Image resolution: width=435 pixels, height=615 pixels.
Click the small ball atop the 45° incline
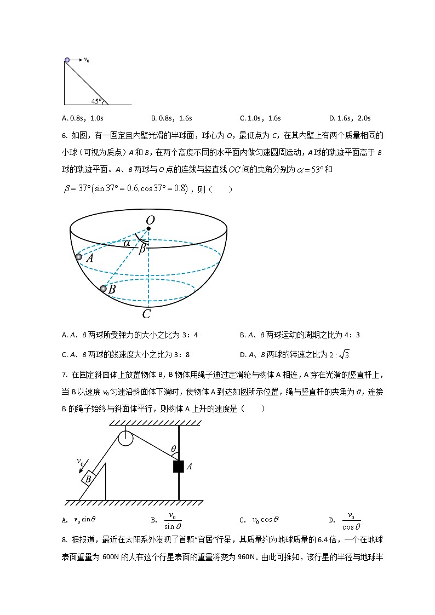pyautogui.click(x=67, y=60)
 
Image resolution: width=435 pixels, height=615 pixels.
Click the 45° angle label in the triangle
pyautogui.click(x=96, y=101)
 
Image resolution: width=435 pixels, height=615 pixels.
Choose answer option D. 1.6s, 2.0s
pyautogui.click(x=350, y=118)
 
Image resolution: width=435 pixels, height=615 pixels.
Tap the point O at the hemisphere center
pyautogui.click(x=148, y=228)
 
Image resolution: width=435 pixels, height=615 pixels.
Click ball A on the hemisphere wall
pyautogui.click(x=78, y=257)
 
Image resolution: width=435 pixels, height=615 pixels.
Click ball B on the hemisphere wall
pyautogui.click(x=103, y=289)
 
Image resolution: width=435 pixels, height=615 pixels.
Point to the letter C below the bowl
pyautogui.click(x=146, y=314)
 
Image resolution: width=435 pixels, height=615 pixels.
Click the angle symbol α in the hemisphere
pyautogui.click(x=127, y=242)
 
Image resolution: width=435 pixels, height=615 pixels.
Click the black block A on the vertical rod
pyautogui.click(x=178, y=467)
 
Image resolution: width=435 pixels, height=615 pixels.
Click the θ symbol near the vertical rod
pyautogui.click(x=174, y=450)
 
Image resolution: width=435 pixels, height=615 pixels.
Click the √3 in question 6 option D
pyautogui.click(x=344, y=354)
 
